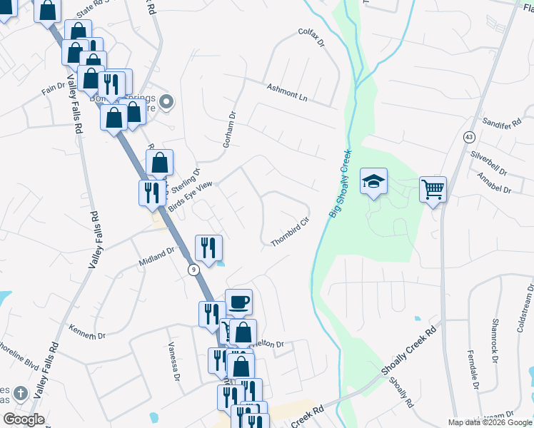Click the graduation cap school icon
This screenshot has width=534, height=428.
point(373,181)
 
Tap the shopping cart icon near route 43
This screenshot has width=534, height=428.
point(433,190)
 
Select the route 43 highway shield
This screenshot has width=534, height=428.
point(468,136)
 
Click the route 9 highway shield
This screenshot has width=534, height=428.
point(193,269)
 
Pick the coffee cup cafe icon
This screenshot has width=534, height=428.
point(238,302)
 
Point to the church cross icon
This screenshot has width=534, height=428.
point(21,393)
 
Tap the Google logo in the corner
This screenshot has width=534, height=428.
point(24,419)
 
